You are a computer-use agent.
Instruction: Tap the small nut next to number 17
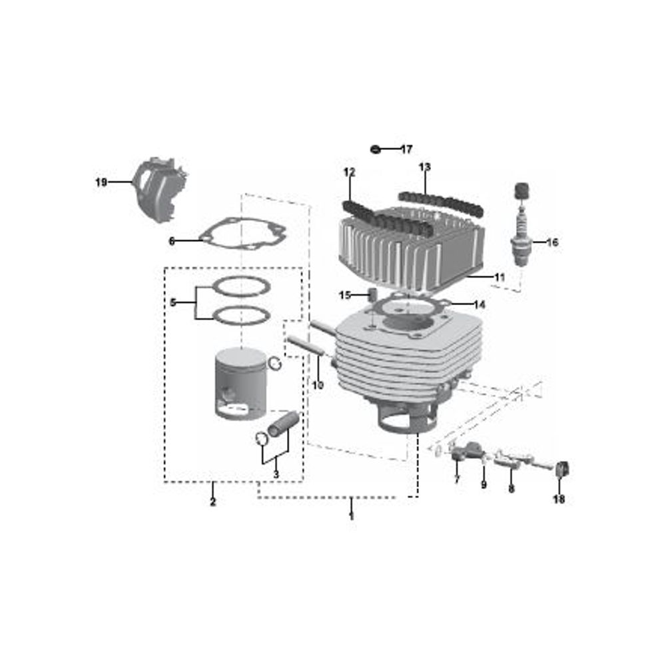click(x=375, y=149)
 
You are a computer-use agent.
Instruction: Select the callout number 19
click(x=101, y=182)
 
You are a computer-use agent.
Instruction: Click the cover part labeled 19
click(x=160, y=189)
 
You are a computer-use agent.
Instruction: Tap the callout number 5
click(x=173, y=303)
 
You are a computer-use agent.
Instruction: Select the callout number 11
click(x=499, y=277)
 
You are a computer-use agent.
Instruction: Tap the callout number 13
click(x=424, y=167)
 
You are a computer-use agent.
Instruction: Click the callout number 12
click(x=349, y=172)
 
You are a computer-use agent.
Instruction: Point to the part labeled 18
click(x=562, y=469)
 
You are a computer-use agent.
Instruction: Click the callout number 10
click(x=318, y=385)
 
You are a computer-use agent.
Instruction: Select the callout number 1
click(x=351, y=517)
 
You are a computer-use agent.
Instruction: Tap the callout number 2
click(x=213, y=501)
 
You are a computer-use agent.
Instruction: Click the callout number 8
click(x=511, y=489)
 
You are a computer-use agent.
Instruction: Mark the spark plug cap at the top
click(x=522, y=190)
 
